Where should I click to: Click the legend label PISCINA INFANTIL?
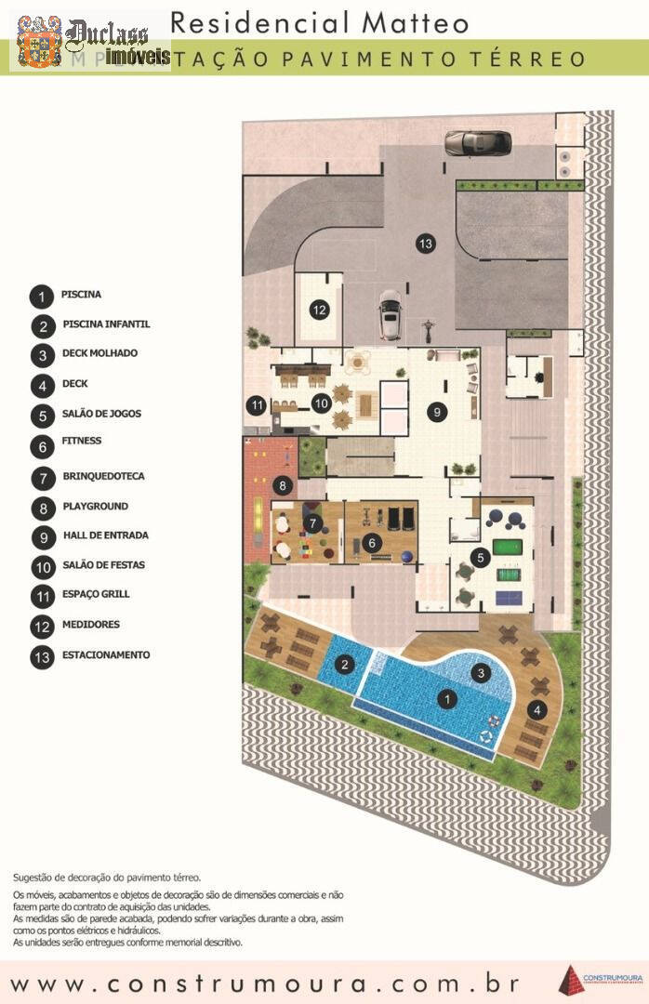(x=105, y=324)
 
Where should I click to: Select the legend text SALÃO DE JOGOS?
(x=101, y=414)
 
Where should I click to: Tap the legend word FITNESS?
(x=82, y=441)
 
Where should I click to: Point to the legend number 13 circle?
(x=41, y=655)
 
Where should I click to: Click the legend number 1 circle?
(x=41, y=297)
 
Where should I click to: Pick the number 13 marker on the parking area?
(x=426, y=244)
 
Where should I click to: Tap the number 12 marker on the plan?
(x=319, y=310)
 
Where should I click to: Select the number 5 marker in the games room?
(x=480, y=558)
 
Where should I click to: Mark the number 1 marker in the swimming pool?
(x=447, y=696)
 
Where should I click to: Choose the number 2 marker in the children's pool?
(x=345, y=664)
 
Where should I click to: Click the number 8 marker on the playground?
(x=282, y=484)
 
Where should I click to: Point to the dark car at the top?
(x=477, y=142)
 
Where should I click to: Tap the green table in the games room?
(x=508, y=548)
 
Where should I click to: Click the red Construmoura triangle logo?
(x=569, y=980)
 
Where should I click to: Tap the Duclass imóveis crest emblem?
(x=39, y=41)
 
